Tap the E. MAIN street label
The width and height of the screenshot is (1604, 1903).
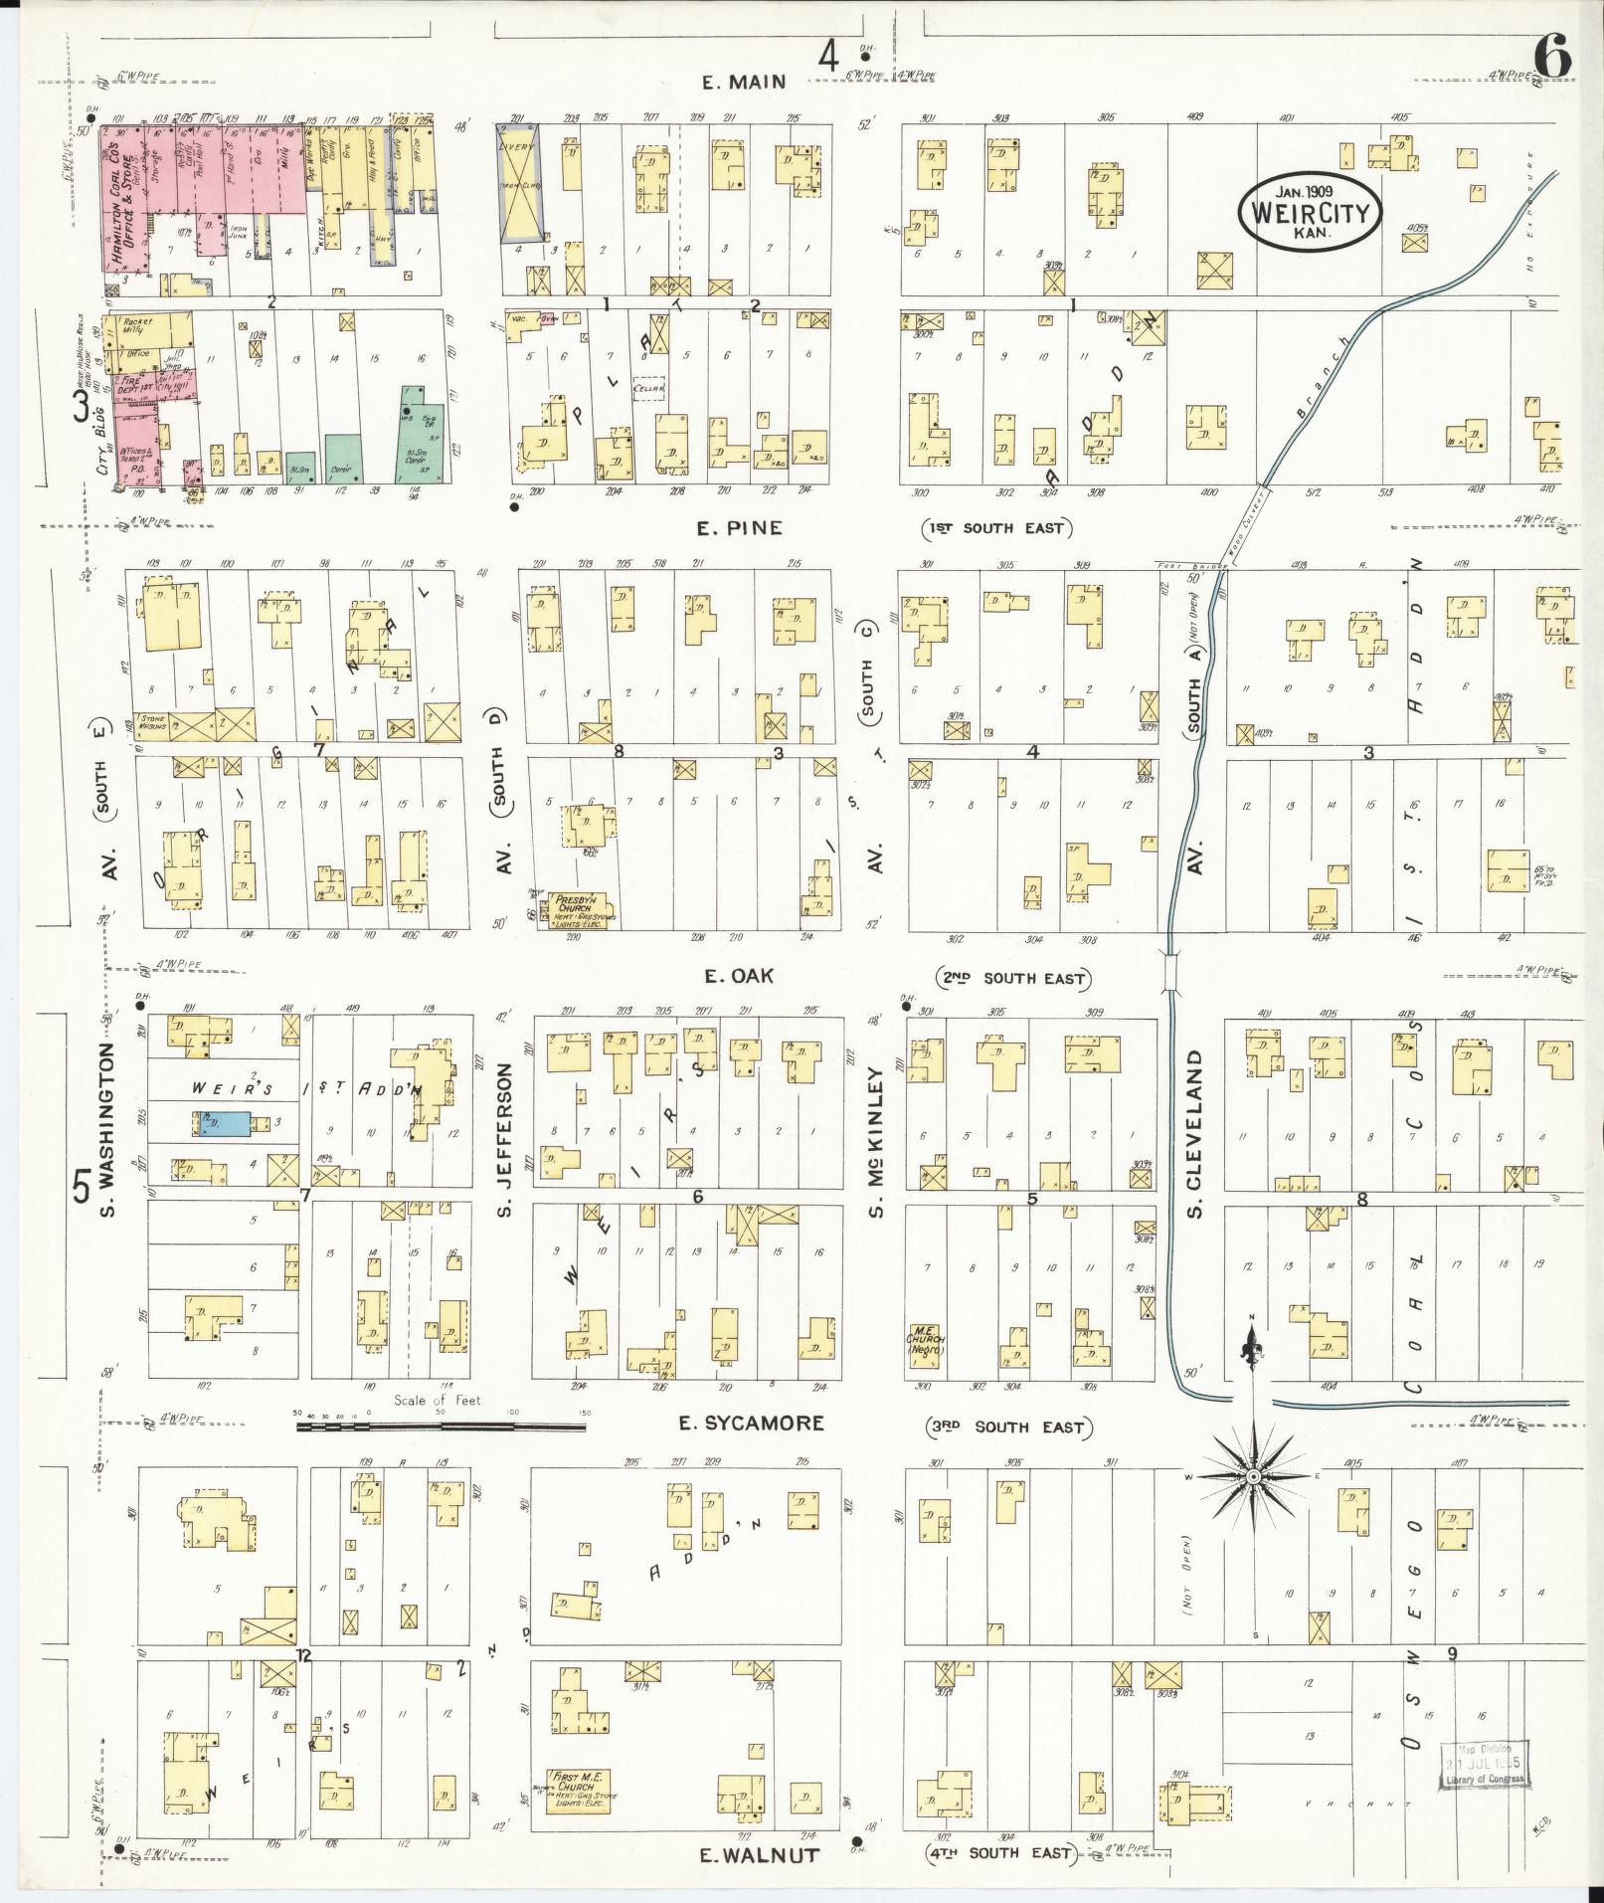click(744, 83)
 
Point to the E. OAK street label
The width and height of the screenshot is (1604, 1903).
click(738, 976)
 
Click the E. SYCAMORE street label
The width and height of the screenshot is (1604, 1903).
click(751, 1424)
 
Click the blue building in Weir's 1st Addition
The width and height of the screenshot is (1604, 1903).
click(220, 1123)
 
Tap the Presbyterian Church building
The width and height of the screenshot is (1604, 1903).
click(582, 911)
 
